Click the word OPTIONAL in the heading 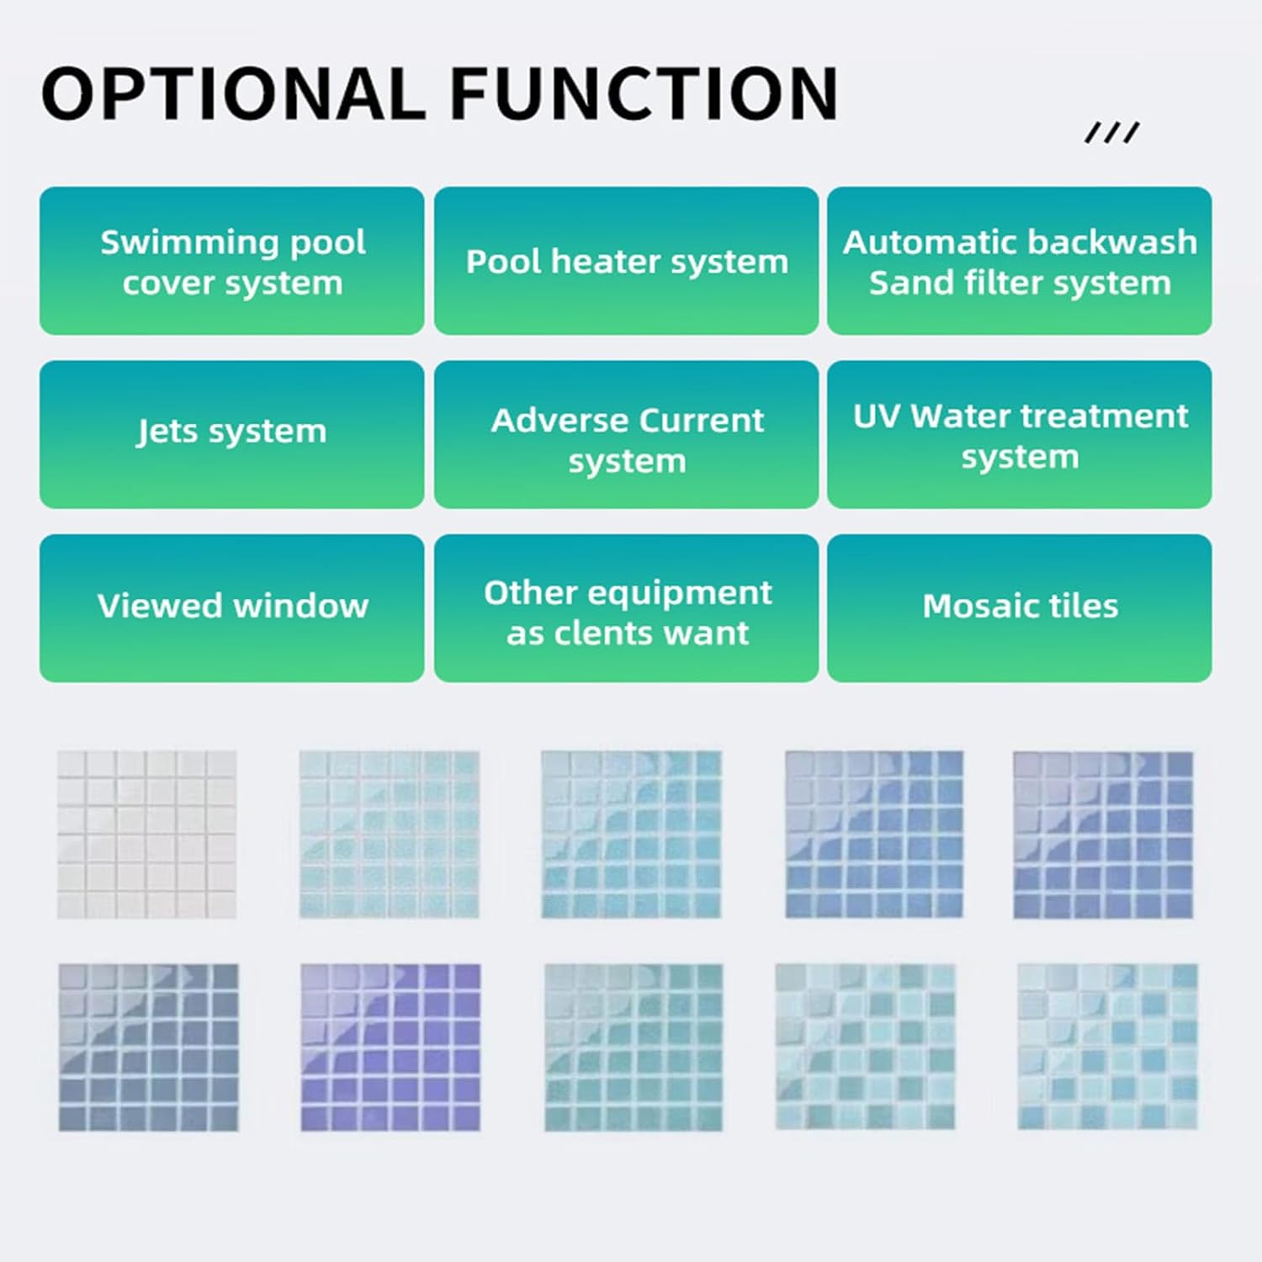(x=233, y=93)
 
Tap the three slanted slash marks (x=1111, y=132)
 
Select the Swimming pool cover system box (x=231, y=261)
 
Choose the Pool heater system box (x=626, y=261)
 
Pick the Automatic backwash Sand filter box (x=1019, y=261)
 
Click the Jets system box (x=231, y=434)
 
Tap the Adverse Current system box (x=626, y=434)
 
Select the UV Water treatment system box (x=1019, y=434)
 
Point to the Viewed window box (x=231, y=607)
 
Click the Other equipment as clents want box (x=626, y=607)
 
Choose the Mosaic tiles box (x=1019, y=607)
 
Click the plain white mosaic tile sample (x=146, y=834)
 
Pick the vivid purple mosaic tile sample (x=390, y=1047)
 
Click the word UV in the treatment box (x=877, y=416)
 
